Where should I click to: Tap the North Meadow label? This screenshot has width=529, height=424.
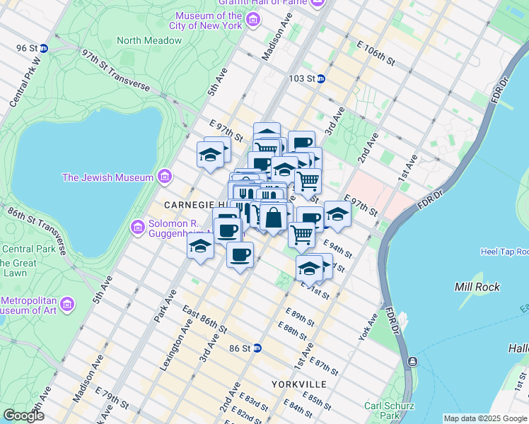149,41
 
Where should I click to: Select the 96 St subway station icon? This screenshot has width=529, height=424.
44,48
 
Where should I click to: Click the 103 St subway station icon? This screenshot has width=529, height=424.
320,78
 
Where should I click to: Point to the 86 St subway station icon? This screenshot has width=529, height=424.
258,348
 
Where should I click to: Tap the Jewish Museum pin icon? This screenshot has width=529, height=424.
164,176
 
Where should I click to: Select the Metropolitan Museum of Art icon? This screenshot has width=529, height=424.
67,305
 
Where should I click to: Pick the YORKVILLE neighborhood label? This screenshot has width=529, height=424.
298,384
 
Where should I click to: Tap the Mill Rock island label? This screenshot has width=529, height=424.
478,287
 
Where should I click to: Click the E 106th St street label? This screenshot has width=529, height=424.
376,54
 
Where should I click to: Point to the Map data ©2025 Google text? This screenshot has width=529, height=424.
484,418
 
